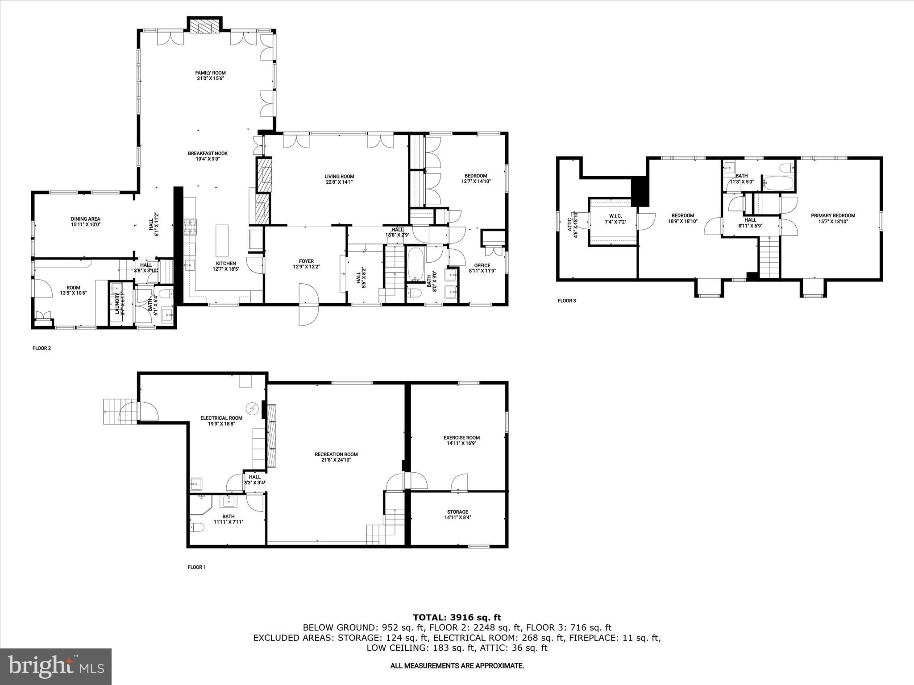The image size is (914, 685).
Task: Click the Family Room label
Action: [210, 73]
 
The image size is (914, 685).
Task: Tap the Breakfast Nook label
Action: [208, 153]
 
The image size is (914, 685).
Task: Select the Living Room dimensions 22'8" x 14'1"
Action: [339, 182]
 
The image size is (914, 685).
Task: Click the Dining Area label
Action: [85, 219]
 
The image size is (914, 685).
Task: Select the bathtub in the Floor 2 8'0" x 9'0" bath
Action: [415, 264]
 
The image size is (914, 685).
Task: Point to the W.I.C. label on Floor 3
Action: [612, 216]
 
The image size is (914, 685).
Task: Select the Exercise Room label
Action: [461, 437]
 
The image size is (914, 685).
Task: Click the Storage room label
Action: [457, 512]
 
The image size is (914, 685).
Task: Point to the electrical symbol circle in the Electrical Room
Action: [252, 408]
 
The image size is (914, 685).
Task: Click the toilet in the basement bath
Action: [197, 528]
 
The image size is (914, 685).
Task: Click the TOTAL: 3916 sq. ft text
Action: [457, 618]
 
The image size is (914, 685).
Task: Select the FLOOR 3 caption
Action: [566, 301]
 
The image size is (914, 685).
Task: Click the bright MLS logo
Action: [56, 666]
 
